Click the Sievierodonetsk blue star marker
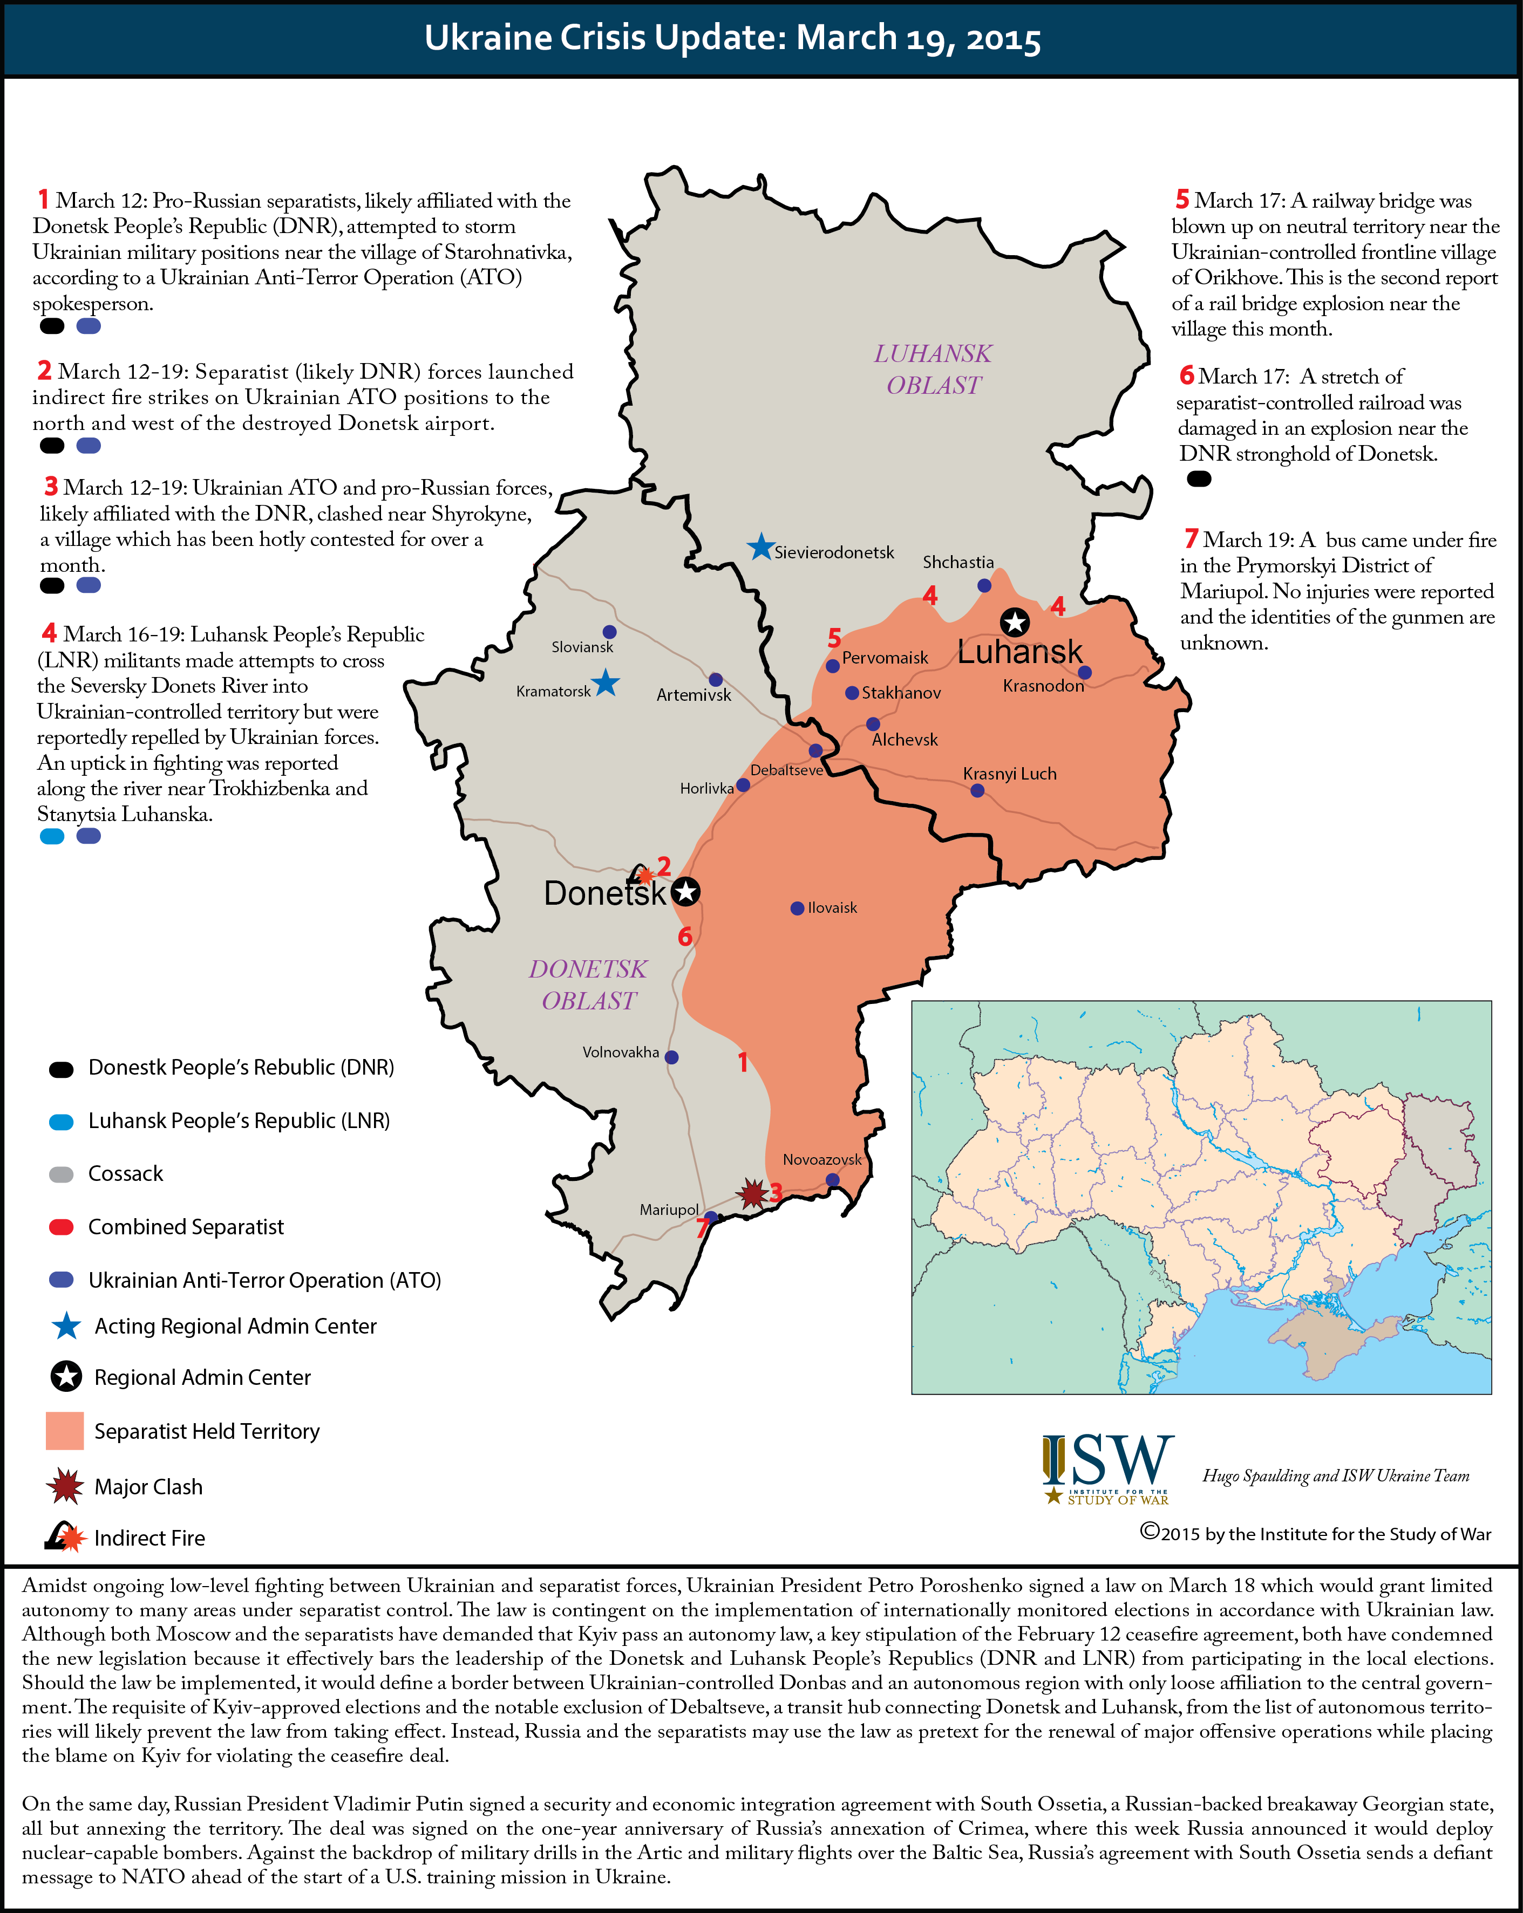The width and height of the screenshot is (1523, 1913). [x=760, y=548]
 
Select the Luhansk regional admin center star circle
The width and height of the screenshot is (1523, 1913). [x=1015, y=622]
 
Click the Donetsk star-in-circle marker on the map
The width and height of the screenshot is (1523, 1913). [x=685, y=892]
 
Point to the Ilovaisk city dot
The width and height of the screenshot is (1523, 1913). [x=797, y=908]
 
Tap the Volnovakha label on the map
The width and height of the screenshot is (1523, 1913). [x=621, y=1053]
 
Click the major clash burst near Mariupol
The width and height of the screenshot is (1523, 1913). [x=753, y=1193]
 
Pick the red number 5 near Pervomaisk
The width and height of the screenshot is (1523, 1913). [x=834, y=638]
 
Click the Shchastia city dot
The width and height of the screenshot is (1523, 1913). [x=984, y=586]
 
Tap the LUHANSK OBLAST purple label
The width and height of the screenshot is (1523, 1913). [x=933, y=369]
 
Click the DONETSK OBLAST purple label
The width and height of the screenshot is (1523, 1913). [x=588, y=985]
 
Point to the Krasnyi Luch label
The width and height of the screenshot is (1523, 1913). [x=1009, y=774]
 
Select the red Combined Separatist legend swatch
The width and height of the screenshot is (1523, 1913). [x=61, y=1227]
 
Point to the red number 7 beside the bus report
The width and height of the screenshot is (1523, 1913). [x=1191, y=538]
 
